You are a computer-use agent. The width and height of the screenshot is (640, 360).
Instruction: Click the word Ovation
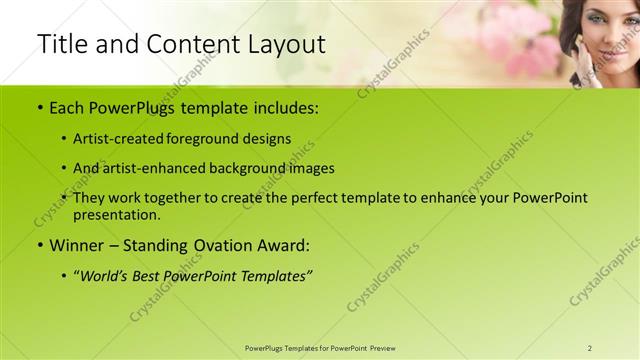pos(216,245)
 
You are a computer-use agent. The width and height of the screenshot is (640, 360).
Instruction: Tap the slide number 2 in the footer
pos(590,348)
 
